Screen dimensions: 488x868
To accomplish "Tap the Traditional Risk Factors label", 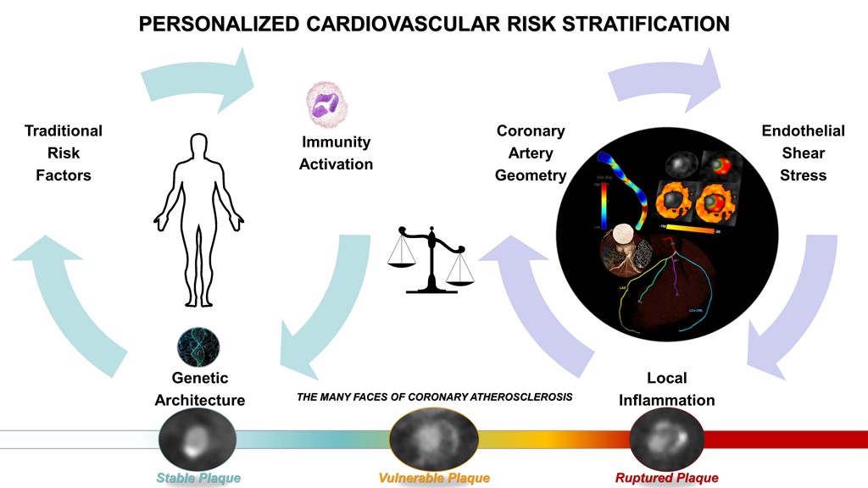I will (63, 152).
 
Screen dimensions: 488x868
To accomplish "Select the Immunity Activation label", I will (336, 152).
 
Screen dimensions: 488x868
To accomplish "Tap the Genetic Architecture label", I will (200, 389).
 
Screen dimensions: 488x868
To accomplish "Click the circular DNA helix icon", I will (198, 346).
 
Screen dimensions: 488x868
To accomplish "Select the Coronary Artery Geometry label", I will (531, 152).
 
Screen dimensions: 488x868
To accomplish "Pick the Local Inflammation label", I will (666, 389).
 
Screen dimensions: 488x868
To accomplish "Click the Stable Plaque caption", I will (198, 479).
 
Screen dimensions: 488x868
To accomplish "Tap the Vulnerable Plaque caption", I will (434, 479).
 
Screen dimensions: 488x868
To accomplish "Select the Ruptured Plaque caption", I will (667, 479).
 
